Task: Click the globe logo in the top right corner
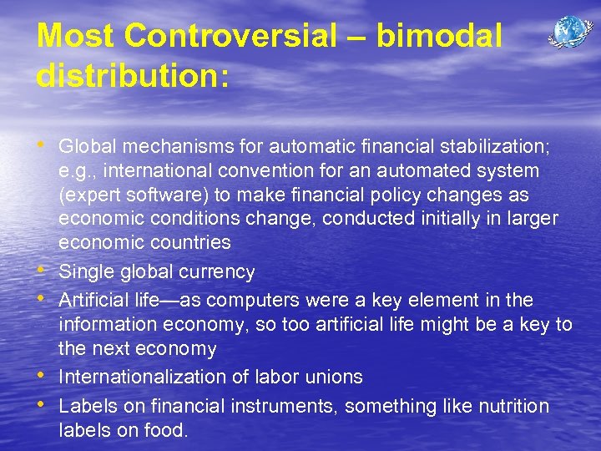(x=569, y=33)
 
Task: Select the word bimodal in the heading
(x=439, y=36)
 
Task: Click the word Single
(x=83, y=272)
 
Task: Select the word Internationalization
(x=143, y=377)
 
